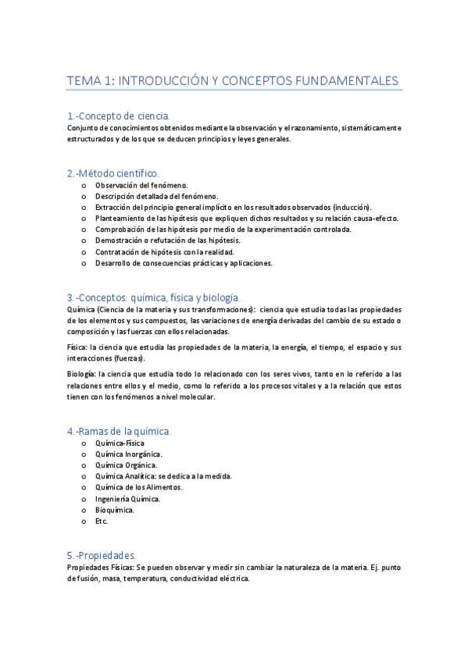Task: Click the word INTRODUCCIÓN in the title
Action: point(161,81)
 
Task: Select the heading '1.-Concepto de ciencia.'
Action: point(118,116)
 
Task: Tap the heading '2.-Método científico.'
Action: point(113,173)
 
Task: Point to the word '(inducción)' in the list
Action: point(347,207)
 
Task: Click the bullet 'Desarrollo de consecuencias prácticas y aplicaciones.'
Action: point(184,263)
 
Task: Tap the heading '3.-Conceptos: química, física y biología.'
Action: point(153,297)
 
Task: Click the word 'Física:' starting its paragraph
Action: point(77,347)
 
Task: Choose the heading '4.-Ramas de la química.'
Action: point(119,431)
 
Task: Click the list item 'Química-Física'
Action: point(120,443)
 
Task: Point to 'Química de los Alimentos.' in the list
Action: point(138,487)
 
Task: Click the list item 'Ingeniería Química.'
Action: point(128,499)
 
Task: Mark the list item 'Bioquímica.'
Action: point(115,510)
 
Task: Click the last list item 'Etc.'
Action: point(102,521)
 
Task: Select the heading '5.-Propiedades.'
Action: point(102,555)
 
